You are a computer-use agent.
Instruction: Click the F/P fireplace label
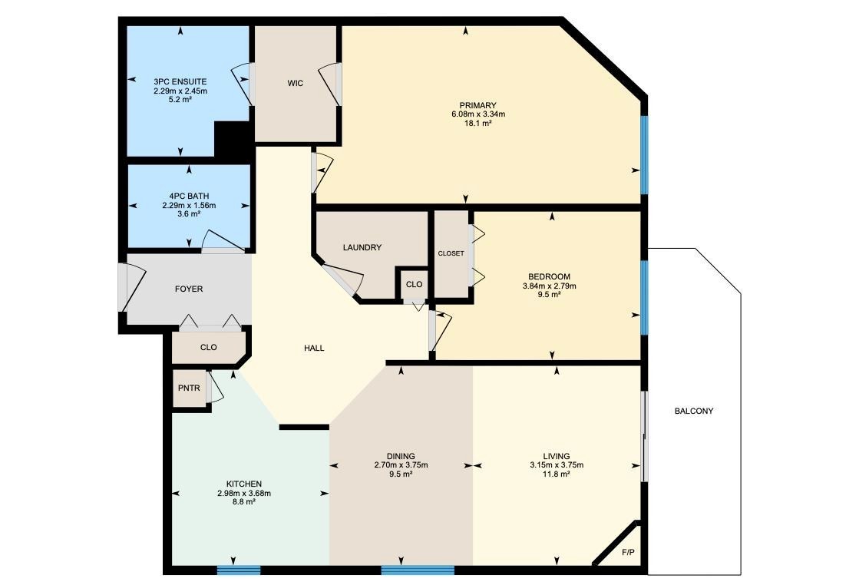point(628,552)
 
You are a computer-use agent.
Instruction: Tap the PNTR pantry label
point(189,388)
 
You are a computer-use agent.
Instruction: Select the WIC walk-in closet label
point(296,83)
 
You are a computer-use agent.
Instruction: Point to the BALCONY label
point(693,411)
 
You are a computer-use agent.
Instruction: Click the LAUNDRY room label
point(362,247)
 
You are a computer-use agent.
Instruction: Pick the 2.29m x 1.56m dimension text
point(189,206)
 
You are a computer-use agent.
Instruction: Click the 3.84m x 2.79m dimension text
point(550,286)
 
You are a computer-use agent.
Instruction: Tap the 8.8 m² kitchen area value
point(244,502)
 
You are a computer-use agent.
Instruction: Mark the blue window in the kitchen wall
point(239,570)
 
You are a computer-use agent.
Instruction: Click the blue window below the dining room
point(418,570)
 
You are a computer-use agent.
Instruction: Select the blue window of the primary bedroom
point(645,154)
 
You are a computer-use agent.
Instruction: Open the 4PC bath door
point(223,242)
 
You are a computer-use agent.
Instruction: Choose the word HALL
point(314,348)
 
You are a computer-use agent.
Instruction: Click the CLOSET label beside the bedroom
point(451,253)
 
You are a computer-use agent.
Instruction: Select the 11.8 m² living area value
point(557,474)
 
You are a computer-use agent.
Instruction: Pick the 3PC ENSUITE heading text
point(180,81)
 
